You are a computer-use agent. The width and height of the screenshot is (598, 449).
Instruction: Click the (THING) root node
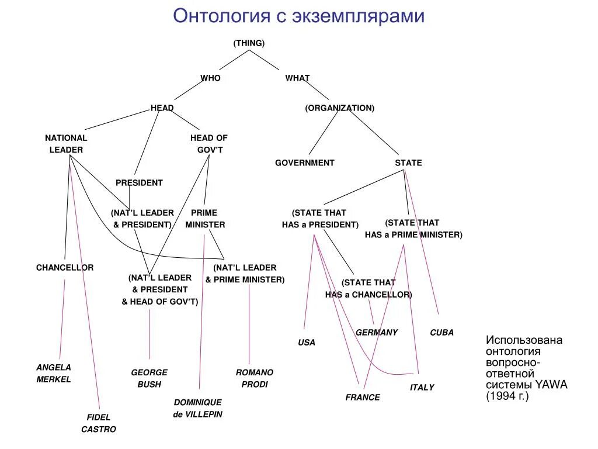click(x=249, y=43)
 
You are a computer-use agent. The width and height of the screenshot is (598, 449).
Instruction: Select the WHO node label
click(x=210, y=78)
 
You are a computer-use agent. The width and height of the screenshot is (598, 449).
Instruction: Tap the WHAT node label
click(x=297, y=78)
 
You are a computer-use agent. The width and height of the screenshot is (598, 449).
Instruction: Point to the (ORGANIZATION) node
click(x=339, y=108)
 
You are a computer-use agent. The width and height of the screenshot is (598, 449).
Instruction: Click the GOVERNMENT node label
click(x=305, y=163)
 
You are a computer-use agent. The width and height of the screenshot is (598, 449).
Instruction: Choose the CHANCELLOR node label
click(x=65, y=267)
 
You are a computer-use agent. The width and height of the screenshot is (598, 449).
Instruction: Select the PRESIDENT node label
click(x=139, y=182)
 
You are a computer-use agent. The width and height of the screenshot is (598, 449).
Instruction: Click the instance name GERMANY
click(x=377, y=332)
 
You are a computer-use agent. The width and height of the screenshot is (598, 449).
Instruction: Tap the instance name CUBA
click(x=441, y=332)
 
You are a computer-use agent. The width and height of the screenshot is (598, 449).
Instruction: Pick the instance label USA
click(x=307, y=342)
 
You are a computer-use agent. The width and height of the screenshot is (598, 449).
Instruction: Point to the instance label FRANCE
click(x=363, y=397)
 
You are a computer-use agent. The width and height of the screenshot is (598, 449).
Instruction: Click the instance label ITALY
click(x=422, y=387)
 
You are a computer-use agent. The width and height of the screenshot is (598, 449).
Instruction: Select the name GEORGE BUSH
click(x=149, y=378)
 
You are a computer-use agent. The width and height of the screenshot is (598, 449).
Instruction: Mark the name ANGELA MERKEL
click(x=54, y=373)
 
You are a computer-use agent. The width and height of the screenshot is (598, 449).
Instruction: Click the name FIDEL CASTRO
click(x=99, y=423)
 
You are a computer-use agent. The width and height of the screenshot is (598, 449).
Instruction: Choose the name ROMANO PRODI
click(x=255, y=378)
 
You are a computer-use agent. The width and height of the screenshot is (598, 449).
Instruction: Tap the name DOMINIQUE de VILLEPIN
click(x=198, y=408)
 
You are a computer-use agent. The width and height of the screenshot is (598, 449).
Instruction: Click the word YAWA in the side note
click(x=550, y=384)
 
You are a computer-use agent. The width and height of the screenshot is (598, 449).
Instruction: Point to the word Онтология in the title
click(x=221, y=16)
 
